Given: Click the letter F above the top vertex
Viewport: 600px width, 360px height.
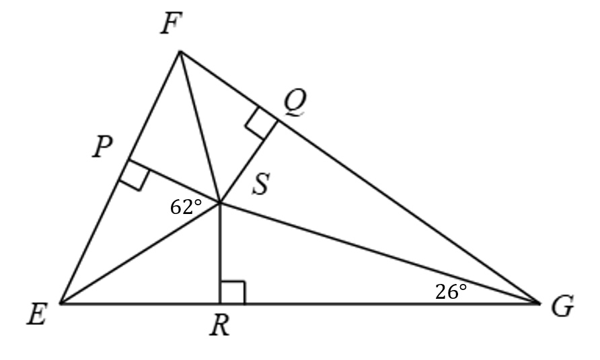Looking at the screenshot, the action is [170, 23].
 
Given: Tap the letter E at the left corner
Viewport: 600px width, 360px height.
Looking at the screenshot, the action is [37, 314].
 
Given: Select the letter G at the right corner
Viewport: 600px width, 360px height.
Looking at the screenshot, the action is [562, 306].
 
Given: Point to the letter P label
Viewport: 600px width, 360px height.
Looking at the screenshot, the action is [102, 147].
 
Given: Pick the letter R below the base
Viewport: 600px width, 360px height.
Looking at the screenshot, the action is [220, 326].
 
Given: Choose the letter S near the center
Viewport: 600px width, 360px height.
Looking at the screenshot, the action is [261, 184].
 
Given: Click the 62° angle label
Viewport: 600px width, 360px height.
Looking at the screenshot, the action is [186, 207].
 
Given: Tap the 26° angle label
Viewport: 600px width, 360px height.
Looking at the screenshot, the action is [451, 292].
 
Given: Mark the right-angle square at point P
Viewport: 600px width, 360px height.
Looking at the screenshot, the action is [135, 175].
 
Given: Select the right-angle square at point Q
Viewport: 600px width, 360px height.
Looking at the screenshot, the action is [262, 123].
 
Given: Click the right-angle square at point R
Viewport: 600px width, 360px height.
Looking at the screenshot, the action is [232, 293].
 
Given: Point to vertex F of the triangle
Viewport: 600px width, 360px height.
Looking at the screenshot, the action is [180, 51].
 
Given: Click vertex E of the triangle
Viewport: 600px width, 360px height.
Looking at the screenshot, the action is [61, 303].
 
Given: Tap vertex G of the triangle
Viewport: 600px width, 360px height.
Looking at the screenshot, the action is [539, 303].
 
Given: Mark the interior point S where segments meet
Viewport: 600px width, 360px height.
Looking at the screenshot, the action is [220, 202].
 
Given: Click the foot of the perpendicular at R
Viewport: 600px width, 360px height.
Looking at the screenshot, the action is [220, 303].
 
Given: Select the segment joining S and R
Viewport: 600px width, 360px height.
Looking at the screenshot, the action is [220, 253].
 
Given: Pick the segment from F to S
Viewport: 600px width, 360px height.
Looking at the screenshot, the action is [200, 127].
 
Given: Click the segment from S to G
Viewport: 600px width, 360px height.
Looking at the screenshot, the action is [379, 253].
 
